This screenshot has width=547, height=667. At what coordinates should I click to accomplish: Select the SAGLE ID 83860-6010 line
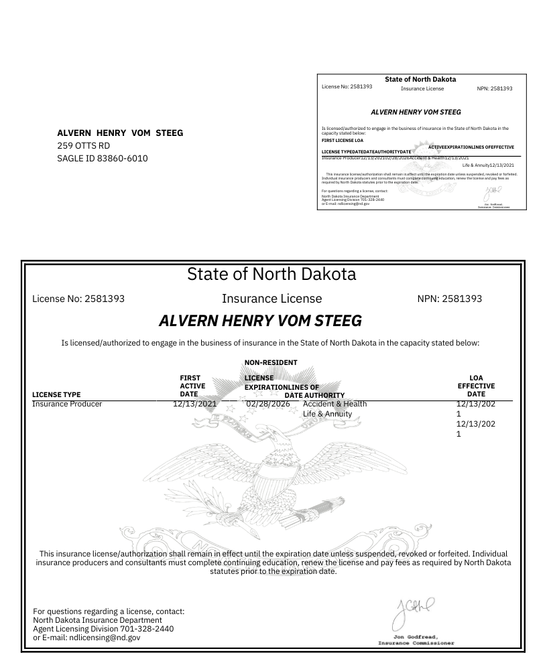102,158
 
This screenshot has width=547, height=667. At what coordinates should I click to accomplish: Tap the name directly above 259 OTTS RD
121,133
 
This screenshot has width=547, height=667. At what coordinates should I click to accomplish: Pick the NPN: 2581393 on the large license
449,299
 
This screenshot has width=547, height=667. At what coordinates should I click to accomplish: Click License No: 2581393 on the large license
78,299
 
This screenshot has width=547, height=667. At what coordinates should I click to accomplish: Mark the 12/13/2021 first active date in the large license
194,404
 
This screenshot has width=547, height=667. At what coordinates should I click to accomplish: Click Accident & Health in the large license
335,404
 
